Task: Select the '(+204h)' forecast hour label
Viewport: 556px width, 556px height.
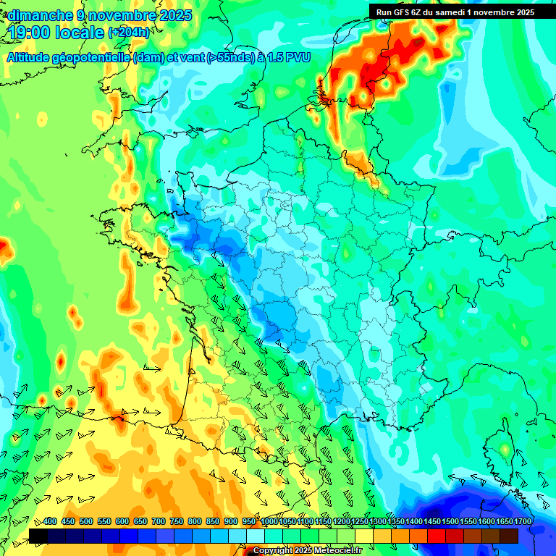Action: point(128,33)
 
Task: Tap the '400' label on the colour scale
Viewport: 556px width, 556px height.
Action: point(50,522)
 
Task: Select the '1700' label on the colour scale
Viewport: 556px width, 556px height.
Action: point(504,522)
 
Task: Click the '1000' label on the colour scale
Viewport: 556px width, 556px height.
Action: point(269,522)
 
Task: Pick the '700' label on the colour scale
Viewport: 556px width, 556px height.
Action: point(159,522)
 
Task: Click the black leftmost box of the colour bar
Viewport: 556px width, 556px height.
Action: point(38,536)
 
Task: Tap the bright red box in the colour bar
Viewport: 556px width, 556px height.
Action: point(437,536)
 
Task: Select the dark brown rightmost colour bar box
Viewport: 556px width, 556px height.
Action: point(509,536)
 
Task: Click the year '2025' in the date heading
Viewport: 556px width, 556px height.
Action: point(175,15)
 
